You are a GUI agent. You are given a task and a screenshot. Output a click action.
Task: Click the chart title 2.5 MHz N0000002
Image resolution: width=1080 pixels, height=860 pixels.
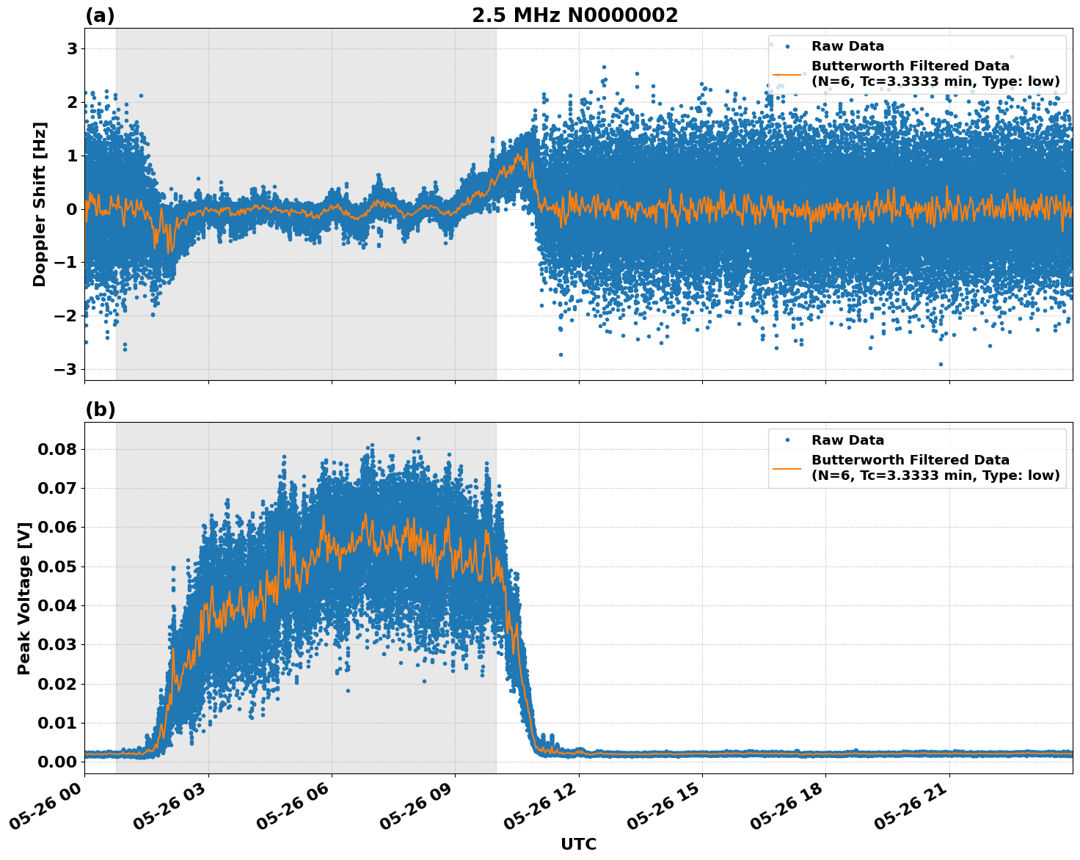click(574, 15)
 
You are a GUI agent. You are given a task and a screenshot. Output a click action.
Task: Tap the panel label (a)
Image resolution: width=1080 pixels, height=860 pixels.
click(100, 15)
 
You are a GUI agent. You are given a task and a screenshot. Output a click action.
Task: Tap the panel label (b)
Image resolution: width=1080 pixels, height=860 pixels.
click(100, 409)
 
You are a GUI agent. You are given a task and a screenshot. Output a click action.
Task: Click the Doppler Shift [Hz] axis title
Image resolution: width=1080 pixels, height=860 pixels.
click(40, 204)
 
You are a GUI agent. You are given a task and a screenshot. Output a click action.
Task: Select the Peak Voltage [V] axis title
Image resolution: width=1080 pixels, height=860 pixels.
click(24, 598)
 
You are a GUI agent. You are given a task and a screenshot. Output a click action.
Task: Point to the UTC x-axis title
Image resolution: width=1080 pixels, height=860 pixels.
click(578, 844)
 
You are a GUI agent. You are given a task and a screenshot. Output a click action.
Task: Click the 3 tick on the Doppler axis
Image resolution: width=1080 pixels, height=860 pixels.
click(72, 48)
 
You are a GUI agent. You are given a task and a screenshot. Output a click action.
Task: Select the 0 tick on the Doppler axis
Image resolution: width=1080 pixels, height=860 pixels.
click(72, 209)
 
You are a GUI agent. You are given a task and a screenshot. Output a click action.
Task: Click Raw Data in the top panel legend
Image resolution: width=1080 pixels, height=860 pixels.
click(847, 46)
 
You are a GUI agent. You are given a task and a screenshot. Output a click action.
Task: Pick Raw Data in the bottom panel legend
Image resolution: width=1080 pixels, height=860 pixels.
click(847, 440)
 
